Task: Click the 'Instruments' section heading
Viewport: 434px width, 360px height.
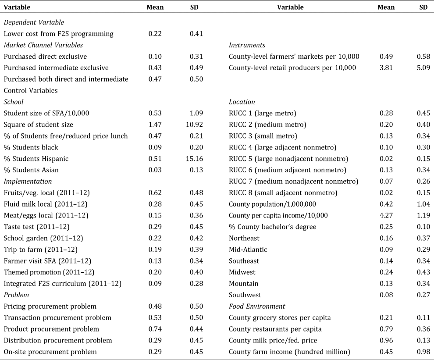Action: (x=247, y=45)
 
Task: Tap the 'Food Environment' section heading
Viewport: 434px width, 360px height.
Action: (x=257, y=306)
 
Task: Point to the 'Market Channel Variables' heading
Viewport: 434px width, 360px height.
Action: (x=43, y=45)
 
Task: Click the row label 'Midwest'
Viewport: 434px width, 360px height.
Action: (x=242, y=272)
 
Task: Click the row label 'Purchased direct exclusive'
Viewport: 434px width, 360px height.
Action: (x=45, y=56)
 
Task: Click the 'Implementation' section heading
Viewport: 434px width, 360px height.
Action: (x=28, y=181)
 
